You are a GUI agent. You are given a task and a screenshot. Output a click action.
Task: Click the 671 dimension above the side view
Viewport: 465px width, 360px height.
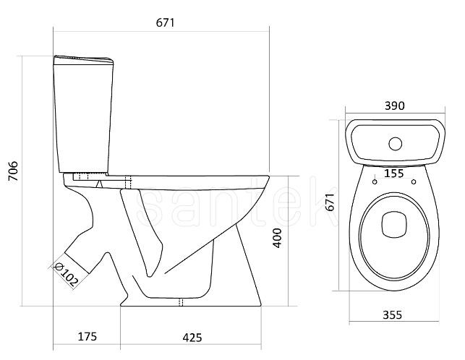165,23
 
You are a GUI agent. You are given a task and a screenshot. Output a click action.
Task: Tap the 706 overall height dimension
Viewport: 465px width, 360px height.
13,171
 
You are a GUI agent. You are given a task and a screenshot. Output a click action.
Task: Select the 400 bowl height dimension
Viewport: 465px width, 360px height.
277,238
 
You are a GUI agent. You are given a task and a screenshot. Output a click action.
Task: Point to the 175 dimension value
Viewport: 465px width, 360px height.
88,337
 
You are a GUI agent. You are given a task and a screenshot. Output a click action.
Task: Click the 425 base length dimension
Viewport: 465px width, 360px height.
192,338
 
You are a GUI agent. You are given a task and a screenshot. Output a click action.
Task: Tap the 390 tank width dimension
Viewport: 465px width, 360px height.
394,106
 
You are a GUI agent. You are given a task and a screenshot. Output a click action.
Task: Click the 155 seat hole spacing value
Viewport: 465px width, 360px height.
394,173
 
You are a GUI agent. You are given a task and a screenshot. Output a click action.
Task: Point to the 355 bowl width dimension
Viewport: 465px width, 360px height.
393,314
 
